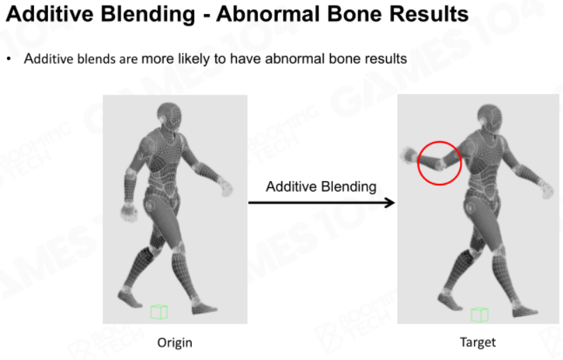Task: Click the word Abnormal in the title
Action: [268, 14]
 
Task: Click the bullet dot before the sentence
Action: [9, 59]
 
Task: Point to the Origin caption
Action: [175, 343]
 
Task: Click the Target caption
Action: [478, 342]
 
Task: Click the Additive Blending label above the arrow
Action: [321, 187]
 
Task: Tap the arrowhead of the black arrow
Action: [390, 203]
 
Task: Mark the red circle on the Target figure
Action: [440, 141]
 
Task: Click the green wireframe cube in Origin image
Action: [159, 312]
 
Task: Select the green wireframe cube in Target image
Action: [479, 315]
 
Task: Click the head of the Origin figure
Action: [169, 116]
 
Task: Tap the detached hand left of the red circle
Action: [408, 155]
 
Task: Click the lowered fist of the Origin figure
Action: [130, 212]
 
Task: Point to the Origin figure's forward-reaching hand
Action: [226, 187]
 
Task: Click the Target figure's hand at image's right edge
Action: [546, 189]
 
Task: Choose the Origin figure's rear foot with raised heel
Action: [130, 299]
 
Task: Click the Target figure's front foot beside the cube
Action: [524, 310]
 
